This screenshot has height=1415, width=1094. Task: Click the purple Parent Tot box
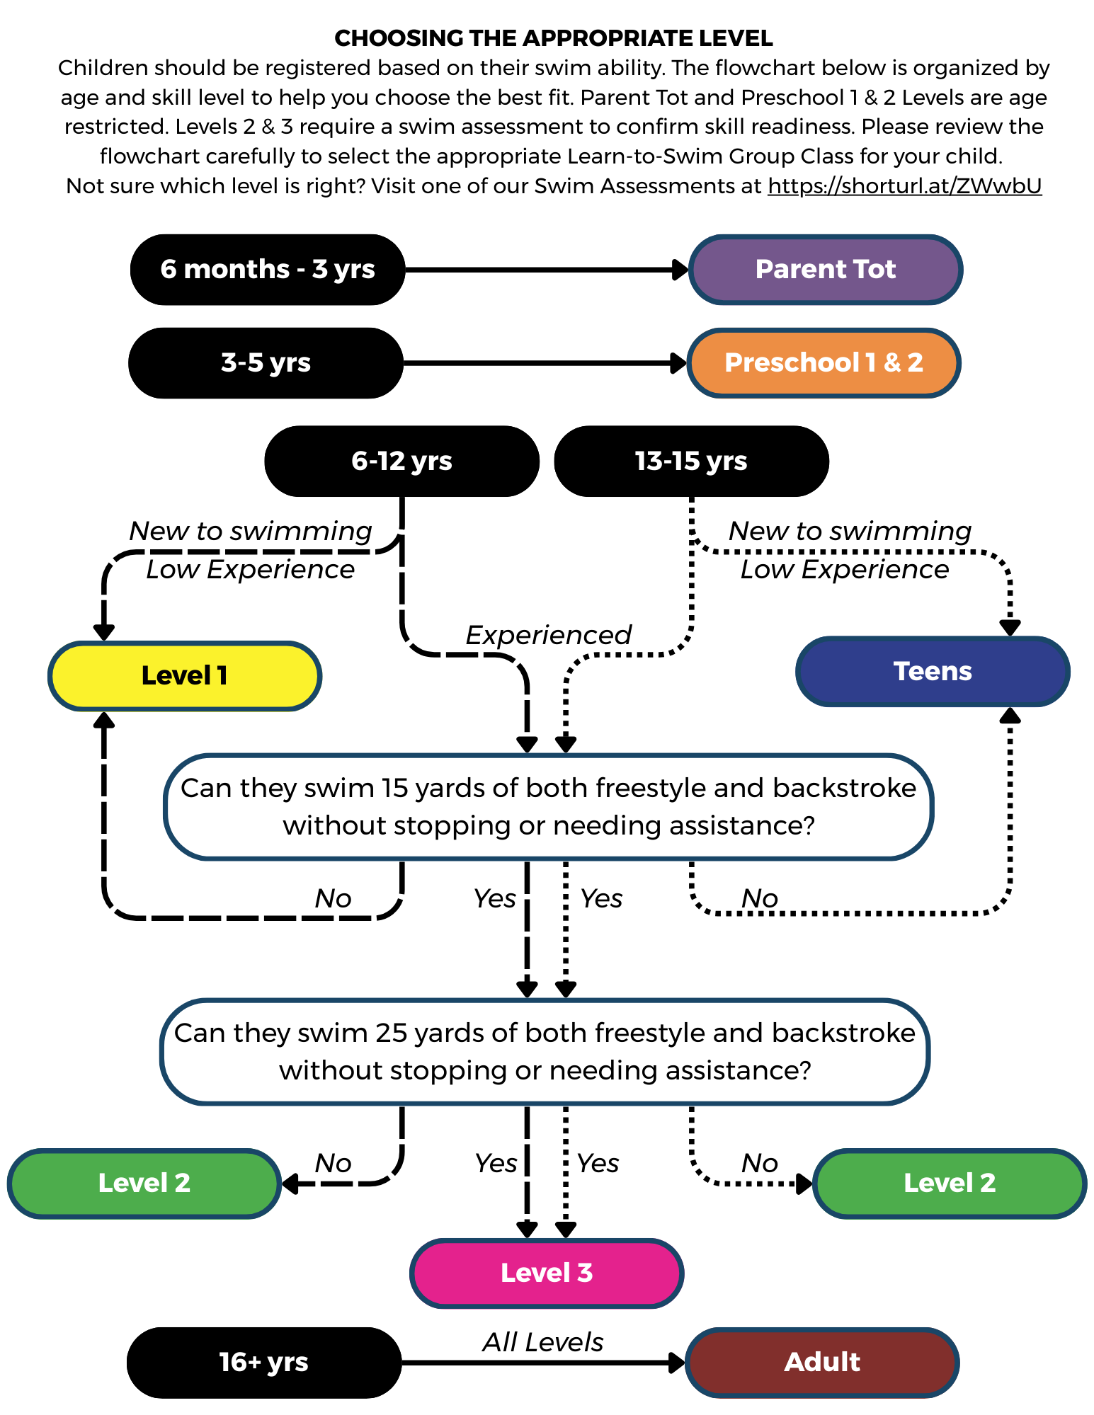coord(825,270)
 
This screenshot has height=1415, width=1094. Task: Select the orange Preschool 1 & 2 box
coord(823,363)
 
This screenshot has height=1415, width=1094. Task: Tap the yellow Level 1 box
coord(184,676)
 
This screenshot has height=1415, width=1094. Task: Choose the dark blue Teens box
coord(933,671)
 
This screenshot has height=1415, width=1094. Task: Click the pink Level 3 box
coord(546,1273)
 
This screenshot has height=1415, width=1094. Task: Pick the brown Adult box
coord(821,1362)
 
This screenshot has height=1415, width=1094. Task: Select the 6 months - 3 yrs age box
coord(267,270)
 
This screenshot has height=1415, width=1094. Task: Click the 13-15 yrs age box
coord(690,461)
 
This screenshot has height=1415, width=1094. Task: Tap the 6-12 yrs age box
coord(401,461)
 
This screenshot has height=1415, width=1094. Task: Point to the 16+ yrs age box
coord(263,1362)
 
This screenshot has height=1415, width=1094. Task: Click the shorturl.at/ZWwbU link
coord(904,186)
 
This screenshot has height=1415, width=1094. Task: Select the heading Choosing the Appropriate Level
coord(553,38)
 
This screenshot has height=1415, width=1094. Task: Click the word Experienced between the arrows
coord(548,635)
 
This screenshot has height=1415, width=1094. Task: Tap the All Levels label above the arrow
coord(542,1342)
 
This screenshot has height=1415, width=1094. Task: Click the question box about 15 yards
coord(548,807)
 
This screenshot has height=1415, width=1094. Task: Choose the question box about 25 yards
coord(545,1052)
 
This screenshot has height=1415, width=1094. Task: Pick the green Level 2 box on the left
coord(144,1183)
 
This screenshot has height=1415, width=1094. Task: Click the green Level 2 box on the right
coord(949,1183)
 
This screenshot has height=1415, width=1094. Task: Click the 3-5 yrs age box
coord(266,363)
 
